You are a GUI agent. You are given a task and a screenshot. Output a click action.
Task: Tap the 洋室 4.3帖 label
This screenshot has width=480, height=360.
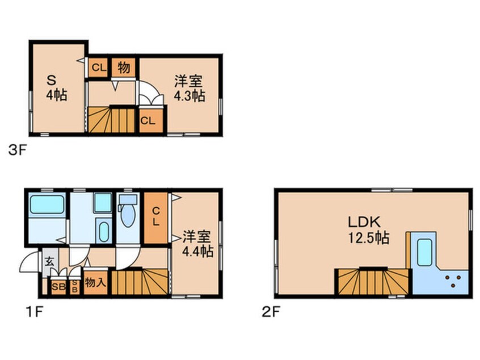(190, 88)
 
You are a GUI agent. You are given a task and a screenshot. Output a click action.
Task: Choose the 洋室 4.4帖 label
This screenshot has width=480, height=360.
(197, 243)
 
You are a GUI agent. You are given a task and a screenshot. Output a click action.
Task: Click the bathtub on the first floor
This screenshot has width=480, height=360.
(47, 204)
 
